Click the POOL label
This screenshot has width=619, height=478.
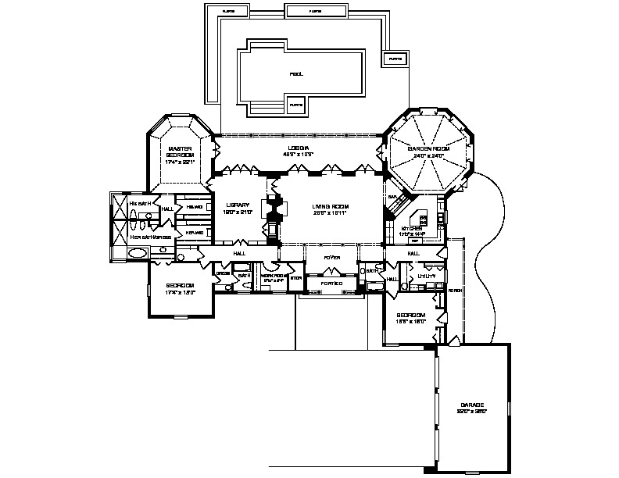(x=295, y=74)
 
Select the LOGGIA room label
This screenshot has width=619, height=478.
(x=297, y=148)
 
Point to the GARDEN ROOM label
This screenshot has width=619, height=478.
(x=428, y=149)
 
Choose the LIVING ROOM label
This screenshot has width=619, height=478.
(x=329, y=206)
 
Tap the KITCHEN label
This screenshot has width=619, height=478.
(x=410, y=227)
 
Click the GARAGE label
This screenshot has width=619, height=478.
(x=471, y=405)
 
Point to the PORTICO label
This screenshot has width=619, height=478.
(x=324, y=283)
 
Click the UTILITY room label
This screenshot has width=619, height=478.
(x=426, y=276)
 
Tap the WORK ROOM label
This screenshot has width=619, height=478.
(x=274, y=276)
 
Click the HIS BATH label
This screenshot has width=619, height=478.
(x=139, y=203)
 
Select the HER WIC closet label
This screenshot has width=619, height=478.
(x=195, y=233)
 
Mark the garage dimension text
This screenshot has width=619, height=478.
(x=471, y=412)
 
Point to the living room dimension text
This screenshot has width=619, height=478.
(x=329, y=212)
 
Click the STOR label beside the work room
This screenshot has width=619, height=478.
(x=295, y=277)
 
